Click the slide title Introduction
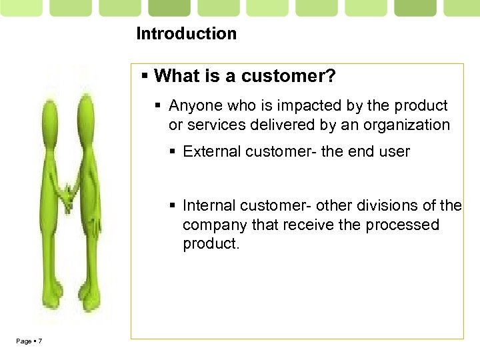[x=186, y=33]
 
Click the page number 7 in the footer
[x=40, y=342]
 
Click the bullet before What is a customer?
[x=146, y=77]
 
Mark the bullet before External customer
[x=174, y=151]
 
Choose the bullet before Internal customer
[x=174, y=205]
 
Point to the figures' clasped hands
[x=67, y=197]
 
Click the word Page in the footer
[x=23, y=342]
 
